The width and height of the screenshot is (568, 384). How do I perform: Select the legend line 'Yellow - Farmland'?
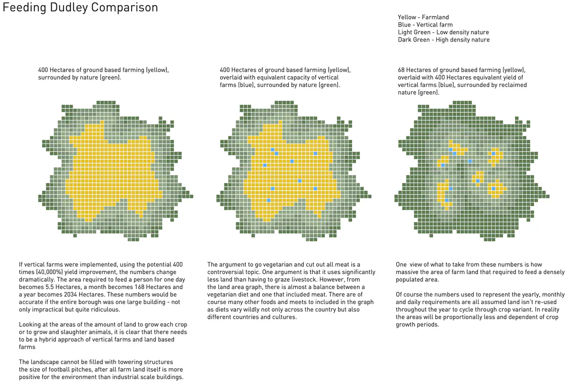tap(423, 17)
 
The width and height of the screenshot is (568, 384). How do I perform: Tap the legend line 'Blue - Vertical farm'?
tap(425, 25)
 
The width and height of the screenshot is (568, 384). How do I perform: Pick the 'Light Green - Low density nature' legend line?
tap(444, 32)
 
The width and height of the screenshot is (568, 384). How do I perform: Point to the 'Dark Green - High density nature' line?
tap(444, 40)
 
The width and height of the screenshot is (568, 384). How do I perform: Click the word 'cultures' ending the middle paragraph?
tap(283, 317)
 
